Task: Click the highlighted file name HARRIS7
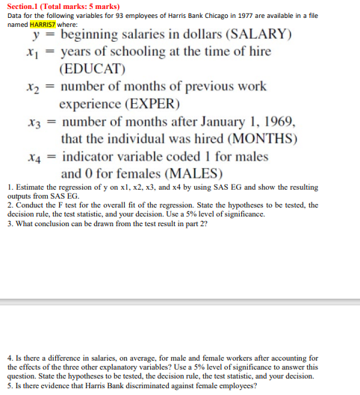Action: (x=45, y=25)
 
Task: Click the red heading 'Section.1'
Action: (x=22, y=6)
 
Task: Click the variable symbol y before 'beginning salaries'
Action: (x=34, y=36)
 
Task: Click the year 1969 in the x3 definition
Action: (x=277, y=122)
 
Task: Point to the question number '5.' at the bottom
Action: (x=7, y=386)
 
